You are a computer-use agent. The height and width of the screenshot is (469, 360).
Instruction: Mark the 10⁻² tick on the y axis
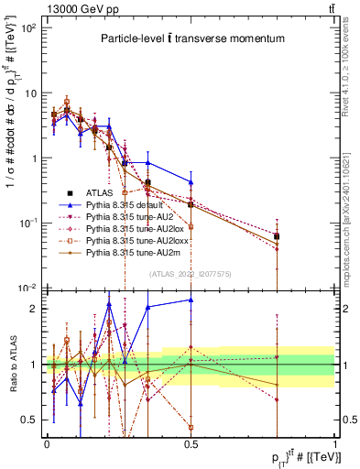pyautogui.click(x=30, y=288)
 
